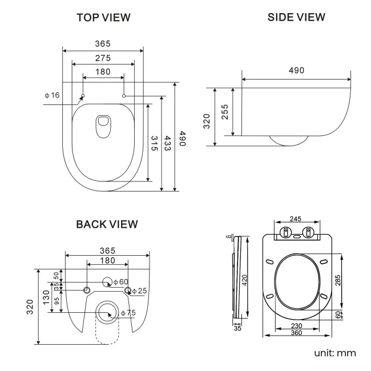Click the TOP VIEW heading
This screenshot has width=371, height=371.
(103, 18)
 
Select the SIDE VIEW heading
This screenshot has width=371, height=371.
(296, 17)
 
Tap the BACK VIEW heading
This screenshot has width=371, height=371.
(107, 224)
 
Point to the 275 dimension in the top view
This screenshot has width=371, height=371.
(103, 58)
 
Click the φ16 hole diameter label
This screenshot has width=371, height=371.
(52, 95)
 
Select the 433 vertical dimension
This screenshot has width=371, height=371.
(167, 143)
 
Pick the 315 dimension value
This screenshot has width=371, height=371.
(154, 143)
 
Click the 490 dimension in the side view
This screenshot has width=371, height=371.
(296, 70)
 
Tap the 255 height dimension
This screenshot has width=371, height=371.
(224, 111)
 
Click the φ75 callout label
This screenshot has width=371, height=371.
(128, 313)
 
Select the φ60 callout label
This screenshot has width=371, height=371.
(120, 281)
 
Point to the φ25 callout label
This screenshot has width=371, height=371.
(139, 291)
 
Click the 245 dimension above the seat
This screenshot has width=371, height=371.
(296, 218)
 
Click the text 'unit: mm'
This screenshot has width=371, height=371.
(335, 353)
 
